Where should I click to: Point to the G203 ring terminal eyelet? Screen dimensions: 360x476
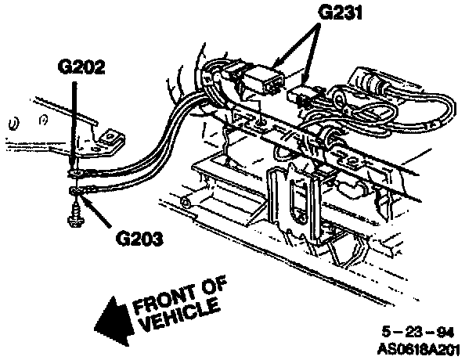click(x=76, y=189)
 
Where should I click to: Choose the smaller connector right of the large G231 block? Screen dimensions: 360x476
click(x=304, y=98)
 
